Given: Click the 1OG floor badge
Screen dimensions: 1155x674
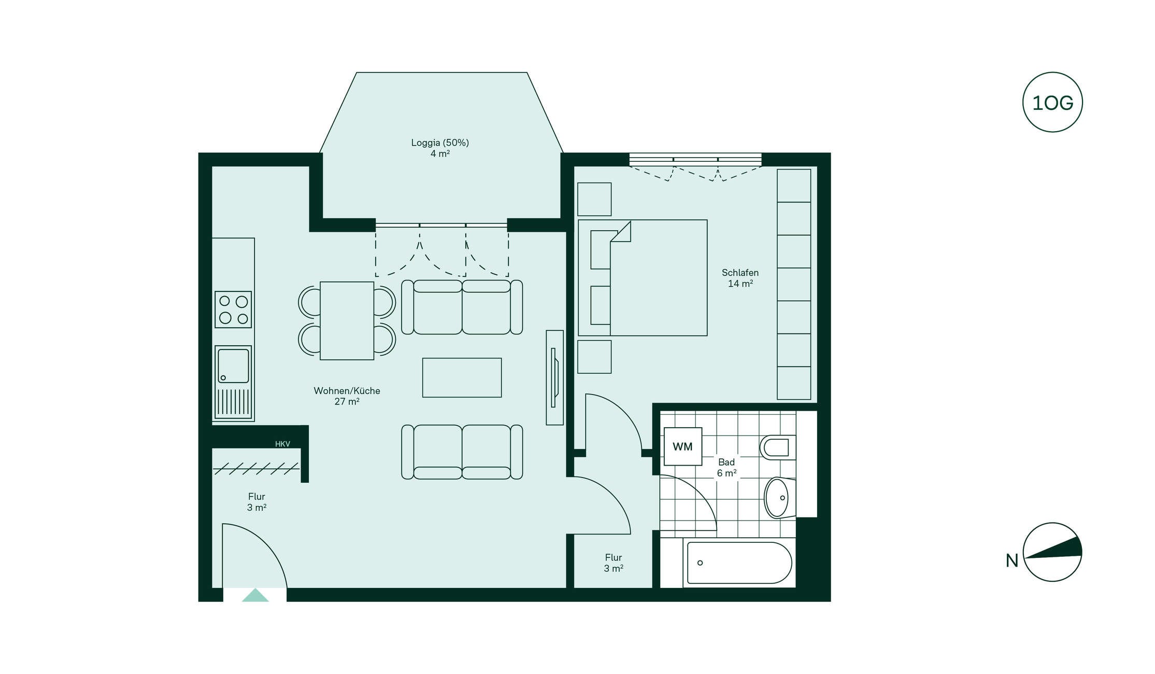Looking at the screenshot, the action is (x=1052, y=102).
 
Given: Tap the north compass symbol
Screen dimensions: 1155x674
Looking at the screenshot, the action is (x=1052, y=552).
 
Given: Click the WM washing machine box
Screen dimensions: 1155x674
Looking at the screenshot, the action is (x=683, y=446).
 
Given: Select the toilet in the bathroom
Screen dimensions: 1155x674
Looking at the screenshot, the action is (x=778, y=447).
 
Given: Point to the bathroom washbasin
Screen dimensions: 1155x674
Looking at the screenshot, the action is (x=779, y=498).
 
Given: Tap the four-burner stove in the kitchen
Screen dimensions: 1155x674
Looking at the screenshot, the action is (x=233, y=310).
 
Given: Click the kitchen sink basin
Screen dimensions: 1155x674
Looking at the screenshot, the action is (x=233, y=366).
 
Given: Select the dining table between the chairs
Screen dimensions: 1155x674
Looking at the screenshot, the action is (x=347, y=321).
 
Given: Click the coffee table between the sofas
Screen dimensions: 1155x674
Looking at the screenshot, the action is (x=462, y=377).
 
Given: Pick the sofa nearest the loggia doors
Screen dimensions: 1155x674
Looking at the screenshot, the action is (x=462, y=307).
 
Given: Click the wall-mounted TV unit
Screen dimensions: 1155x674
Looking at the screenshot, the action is (x=555, y=377).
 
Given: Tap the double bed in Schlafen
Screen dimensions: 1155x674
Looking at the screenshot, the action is (x=643, y=278).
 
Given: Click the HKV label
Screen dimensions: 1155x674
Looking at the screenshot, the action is (x=282, y=444).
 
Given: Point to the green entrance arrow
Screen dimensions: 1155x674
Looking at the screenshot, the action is (x=255, y=595).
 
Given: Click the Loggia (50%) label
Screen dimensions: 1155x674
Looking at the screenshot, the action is (x=440, y=143).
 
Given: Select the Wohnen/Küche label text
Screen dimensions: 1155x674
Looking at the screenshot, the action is (x=347, y=391).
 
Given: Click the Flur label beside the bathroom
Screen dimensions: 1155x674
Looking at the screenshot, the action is (x=614, y=557).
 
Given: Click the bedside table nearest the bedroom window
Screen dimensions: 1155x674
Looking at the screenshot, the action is (x=594, y=199).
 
